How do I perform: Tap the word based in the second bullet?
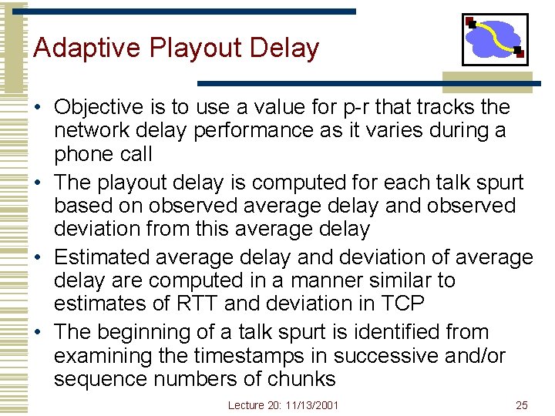coord(86,206)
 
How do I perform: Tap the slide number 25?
coord(521,405)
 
